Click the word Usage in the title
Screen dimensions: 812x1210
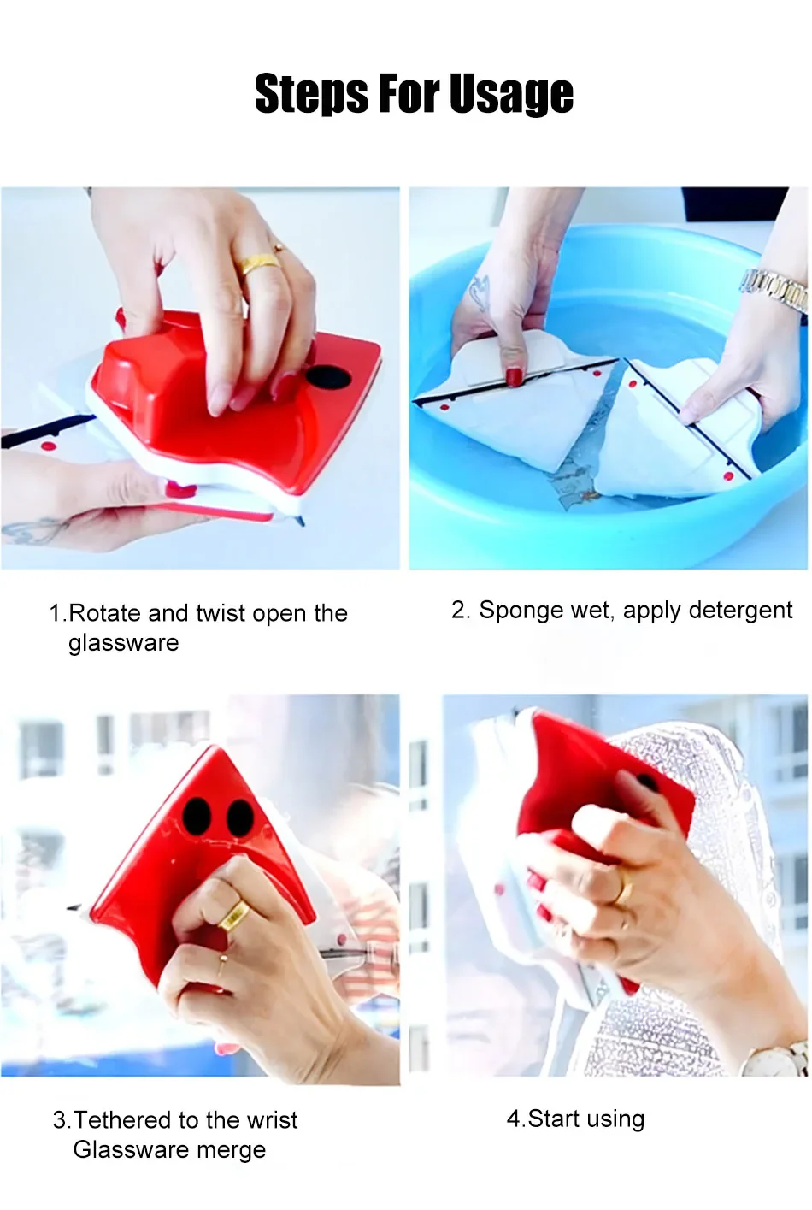(x=511, y=95)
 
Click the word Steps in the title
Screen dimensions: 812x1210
(x=312, y=95)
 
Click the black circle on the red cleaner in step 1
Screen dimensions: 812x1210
(x=325, y=376)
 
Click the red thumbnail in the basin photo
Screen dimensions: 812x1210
(x=514, y=375)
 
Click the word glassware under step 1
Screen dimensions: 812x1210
(x=123, y=643)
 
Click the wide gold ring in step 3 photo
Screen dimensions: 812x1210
(x=234, y=915)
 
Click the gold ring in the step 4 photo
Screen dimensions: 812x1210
(x=624, y=888)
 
